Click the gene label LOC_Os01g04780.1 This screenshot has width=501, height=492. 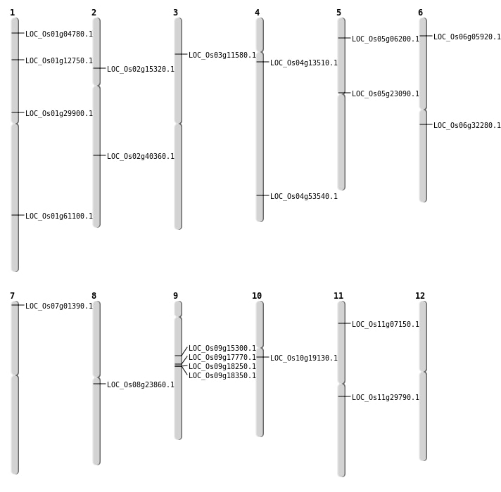[59, 34]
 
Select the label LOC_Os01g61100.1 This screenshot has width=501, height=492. [59, 216]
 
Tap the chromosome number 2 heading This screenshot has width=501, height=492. [94, 13]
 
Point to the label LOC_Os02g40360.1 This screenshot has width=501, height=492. [141, 156]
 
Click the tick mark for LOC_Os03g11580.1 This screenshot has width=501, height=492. [181, 54]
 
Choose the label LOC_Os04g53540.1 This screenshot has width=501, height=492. [304, 196]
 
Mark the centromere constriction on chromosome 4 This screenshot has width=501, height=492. [260, 52]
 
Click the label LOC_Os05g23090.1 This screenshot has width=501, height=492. [386, 93]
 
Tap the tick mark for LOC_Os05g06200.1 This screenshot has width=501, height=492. [344, 38]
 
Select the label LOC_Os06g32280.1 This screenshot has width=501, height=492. [467, 125]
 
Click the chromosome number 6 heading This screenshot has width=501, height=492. [420, 13]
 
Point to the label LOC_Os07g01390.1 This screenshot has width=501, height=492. [59, 306]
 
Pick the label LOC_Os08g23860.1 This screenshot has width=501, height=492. [141, 384]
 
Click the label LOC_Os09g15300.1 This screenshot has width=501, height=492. [222, 348]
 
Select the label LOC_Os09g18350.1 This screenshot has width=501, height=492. [222, 376]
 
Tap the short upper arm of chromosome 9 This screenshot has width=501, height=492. [178, 309]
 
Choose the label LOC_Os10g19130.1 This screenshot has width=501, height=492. [304, 358]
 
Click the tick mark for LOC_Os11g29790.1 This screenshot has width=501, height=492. [344, 396]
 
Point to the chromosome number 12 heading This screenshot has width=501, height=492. [420, 296]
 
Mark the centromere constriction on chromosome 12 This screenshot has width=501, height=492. [423, 372]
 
